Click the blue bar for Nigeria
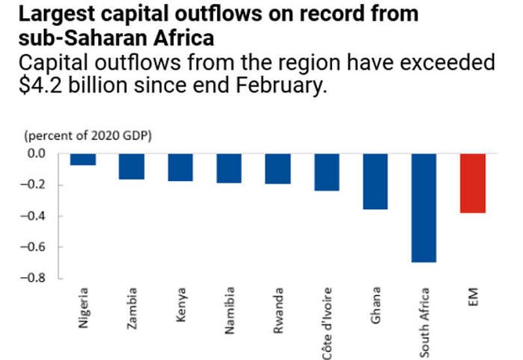click(83, 159)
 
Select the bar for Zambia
click(131, 166)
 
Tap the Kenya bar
click(180, 167)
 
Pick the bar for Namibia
click(229, 168)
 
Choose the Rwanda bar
click(278, 169)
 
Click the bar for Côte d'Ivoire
click(326, 172)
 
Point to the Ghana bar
click(375, 181)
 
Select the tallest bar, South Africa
click(424, 207)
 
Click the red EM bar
click(473, 183)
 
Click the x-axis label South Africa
click(424, 321)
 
